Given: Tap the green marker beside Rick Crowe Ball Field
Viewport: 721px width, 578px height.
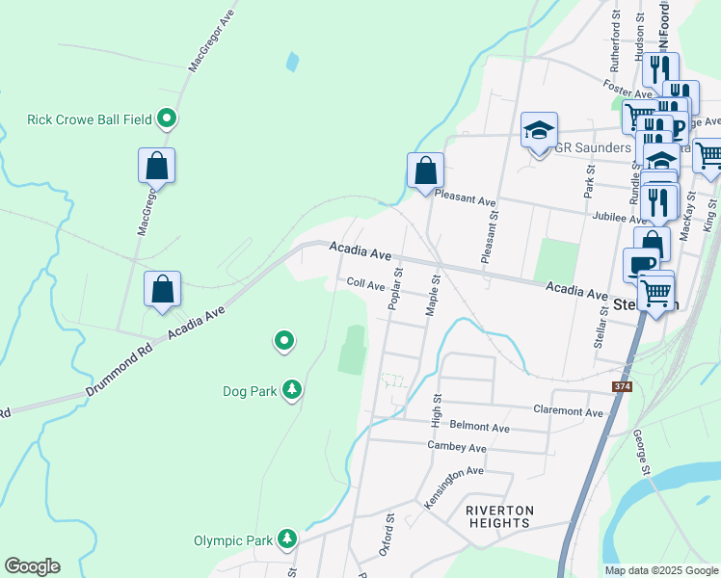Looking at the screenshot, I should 167,118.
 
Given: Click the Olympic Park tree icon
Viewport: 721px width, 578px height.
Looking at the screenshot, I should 286,539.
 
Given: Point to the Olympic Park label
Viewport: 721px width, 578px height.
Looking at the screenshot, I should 233,541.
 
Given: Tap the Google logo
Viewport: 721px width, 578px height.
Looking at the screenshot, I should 32,566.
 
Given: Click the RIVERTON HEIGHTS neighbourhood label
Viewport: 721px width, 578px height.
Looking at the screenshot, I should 497,516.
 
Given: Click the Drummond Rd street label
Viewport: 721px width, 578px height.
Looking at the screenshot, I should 119,368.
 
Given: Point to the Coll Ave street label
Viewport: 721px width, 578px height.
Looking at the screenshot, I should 365,284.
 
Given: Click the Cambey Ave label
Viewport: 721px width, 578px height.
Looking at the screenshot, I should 457,447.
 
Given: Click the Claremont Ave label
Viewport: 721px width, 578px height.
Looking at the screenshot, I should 568,410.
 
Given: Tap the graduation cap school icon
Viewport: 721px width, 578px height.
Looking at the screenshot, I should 539,130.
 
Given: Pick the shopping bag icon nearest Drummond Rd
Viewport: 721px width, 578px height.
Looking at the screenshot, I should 162,289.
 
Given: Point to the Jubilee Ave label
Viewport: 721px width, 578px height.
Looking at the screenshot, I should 622,219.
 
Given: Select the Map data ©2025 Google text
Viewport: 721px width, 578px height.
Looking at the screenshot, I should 660,570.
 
